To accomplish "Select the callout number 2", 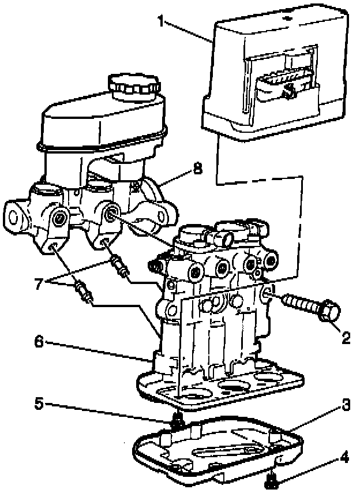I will click(346, 338).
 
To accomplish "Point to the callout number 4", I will click(345, 460).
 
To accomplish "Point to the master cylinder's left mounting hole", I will click(14, 215).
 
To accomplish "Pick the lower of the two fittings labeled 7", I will click(82, 291).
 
